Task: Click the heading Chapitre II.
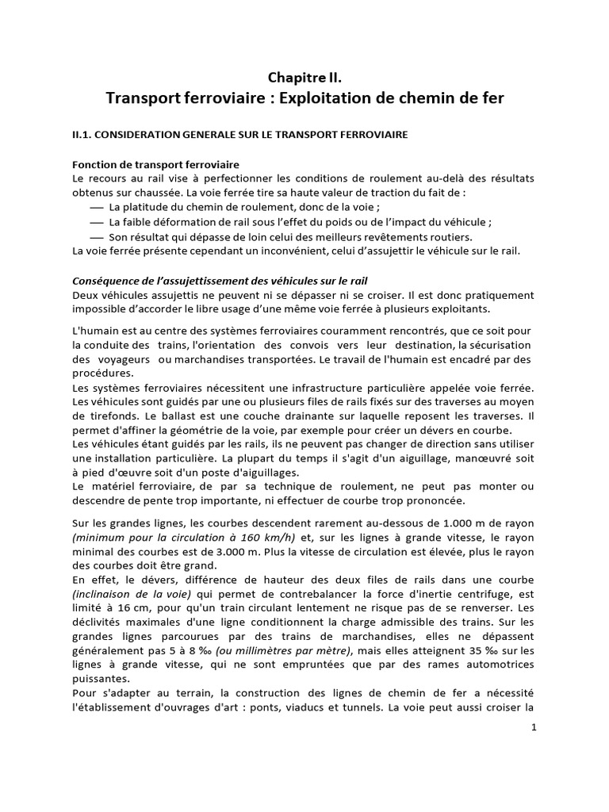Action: pyautogui.click(x=305, y=77)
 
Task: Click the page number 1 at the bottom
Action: pyautogui.click(x=534, y=729)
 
